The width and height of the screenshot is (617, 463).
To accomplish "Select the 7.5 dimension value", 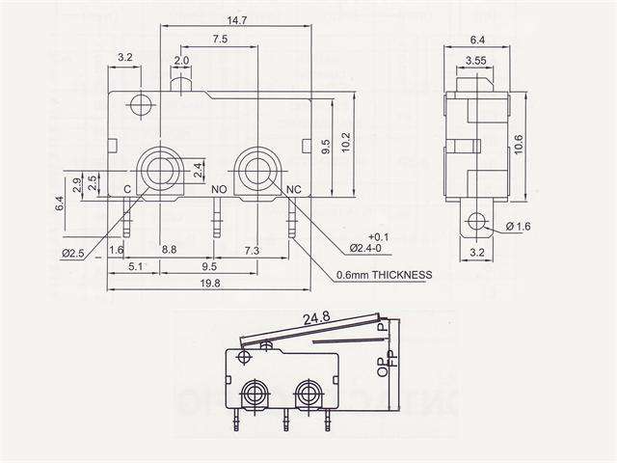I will (219, 40).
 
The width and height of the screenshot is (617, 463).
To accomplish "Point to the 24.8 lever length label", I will (316, 316).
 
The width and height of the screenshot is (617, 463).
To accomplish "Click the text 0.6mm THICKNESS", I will (384, 274).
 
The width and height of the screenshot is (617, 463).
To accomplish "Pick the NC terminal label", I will (295, 189).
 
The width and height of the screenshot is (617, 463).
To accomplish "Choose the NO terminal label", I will (219, 189).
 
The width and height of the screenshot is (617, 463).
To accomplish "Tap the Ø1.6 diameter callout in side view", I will (518, 227).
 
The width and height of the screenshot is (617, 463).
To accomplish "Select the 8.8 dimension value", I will (170, 250).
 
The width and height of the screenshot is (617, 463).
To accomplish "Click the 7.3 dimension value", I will (251, 250).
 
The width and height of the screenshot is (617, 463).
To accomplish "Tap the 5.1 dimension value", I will (135, 265).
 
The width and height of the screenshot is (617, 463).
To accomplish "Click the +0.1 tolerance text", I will (378, 236).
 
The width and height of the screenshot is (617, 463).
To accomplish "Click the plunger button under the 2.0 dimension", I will (181, 86).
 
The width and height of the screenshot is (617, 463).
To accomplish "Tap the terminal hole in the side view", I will (472, 225).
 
